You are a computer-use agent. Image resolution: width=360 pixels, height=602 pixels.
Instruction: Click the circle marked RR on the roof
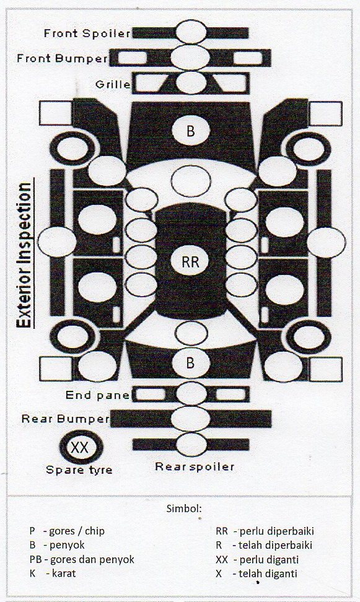pos(191,261)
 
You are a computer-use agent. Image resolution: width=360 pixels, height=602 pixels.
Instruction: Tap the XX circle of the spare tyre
pos(80,447)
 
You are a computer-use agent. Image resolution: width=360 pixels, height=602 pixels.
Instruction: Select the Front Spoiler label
pos(87,33)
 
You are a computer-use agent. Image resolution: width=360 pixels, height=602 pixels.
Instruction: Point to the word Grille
pos(113,84)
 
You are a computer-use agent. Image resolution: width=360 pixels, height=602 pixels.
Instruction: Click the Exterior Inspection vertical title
pos(25,255)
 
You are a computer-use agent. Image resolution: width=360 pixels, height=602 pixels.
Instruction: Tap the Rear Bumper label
pos(66,419)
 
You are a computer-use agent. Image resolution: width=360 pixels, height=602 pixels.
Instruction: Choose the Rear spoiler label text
pos(195,466)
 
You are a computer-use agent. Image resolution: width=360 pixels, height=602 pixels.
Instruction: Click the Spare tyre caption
pos(79,469)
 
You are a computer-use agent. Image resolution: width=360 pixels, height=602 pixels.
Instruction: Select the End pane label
pos(97,395)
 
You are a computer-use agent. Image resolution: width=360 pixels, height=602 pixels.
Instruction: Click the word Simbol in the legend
pos(184,508)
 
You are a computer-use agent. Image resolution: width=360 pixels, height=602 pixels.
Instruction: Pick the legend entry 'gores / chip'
pos(77,531)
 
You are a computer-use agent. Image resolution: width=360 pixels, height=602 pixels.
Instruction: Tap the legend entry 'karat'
pos(64,574)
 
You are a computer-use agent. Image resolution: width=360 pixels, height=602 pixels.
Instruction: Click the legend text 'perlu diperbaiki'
pos(276,531)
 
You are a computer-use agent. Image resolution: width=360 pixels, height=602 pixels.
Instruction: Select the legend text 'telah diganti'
pos(268,574)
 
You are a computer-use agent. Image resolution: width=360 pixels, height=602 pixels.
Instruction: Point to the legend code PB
pos(35,559)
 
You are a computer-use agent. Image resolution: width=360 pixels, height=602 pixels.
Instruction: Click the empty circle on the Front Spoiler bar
pos(191,32)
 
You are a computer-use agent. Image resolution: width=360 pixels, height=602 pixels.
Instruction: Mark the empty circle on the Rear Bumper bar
pos(191,419)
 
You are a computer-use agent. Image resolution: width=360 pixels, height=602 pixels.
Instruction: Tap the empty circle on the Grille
pos(191,82)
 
